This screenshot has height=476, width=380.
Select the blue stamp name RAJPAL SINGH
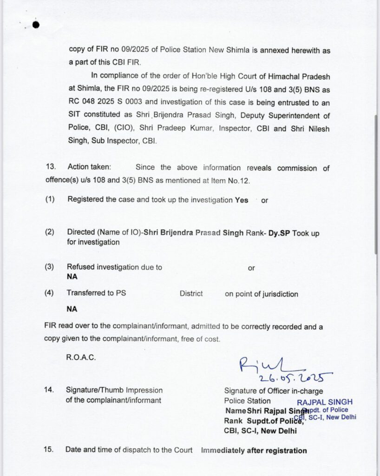pos(325,402)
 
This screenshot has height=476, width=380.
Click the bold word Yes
pos(242,200)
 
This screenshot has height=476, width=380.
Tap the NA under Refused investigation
pos(72,276)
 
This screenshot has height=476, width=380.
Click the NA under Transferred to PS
pos(72,309)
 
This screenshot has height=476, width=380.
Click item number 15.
pos(50,450)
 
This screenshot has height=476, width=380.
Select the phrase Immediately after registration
pos(254,450)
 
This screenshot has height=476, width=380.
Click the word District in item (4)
pos(191,294)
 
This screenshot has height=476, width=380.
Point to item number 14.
pos(50,390)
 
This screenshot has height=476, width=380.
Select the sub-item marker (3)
pos(50,267)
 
